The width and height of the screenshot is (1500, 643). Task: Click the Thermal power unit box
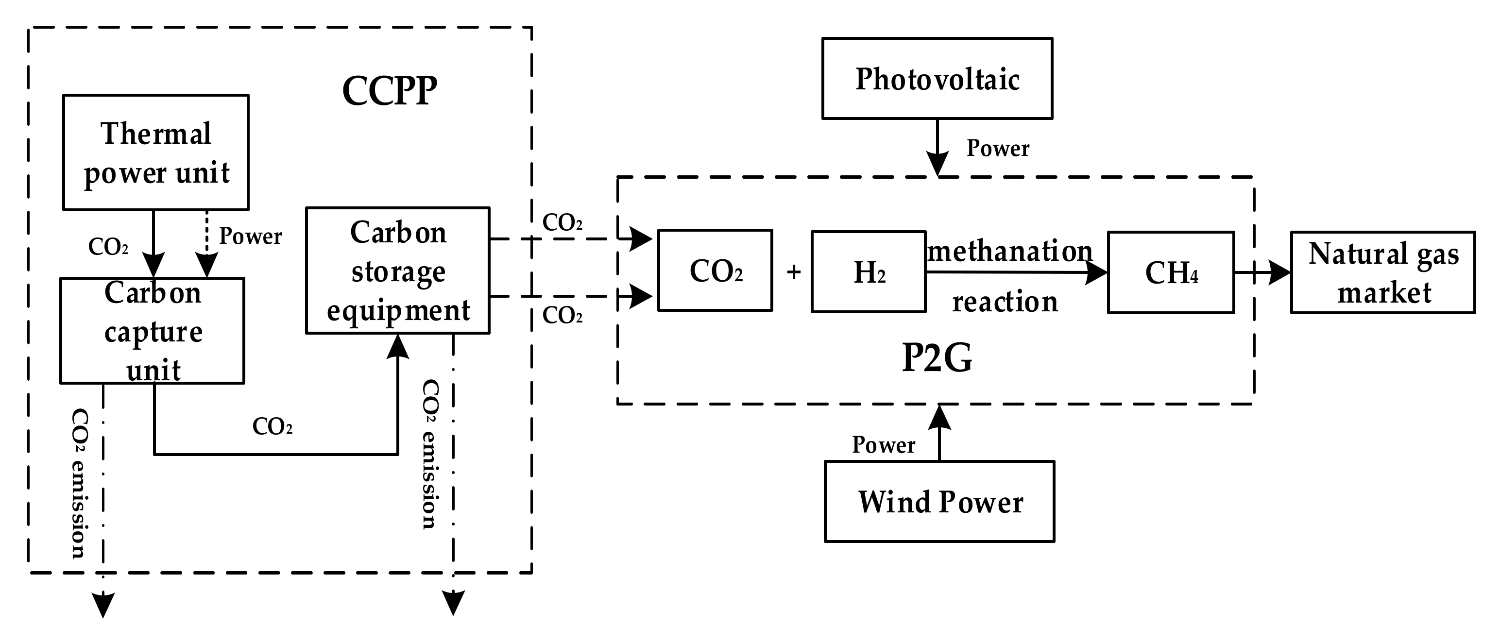click(x=155, y=152)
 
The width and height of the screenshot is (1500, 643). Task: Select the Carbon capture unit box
click(x=152, y=331)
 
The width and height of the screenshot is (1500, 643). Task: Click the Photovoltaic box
click(x=937, y=79)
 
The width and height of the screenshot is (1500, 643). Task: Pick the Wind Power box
click(x=939, y=502)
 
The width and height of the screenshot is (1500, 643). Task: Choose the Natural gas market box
click(x=1383, y=272)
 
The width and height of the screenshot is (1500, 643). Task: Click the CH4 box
click(x=1171, y=272)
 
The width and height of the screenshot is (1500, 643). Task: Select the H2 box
click(x=868, y=272)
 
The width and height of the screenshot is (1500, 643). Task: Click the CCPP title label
click(x=389, y=91)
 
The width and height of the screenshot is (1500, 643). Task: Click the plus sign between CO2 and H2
click(x=794, y=272)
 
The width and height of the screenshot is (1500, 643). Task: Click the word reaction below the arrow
click(x=1005, y=302)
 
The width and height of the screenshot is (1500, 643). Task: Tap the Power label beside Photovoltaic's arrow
click(x=997, y=149)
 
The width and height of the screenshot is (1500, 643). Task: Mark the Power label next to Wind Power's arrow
click(x=884, y=445)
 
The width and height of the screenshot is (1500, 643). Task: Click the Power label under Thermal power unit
click(x=250, y=237)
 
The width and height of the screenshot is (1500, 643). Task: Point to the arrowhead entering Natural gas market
click(x=1278, y=272)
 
